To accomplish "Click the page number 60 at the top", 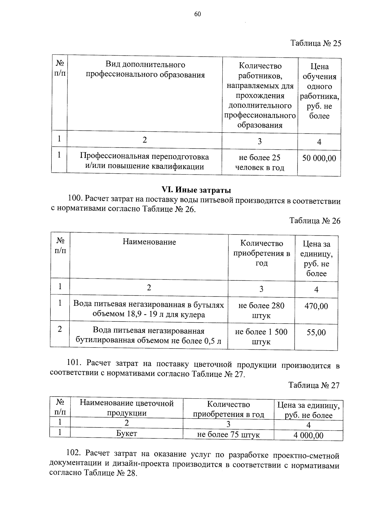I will pyautogui.click(x=197, y=14).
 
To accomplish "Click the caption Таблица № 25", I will pyautogui.click(x=316, y=43).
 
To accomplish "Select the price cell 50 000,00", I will pyautogui.click(x=319, y=158).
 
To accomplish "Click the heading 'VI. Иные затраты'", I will pyautogui.click(x=196, y=190).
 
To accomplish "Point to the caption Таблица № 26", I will pyautogui.click(x=315, y=221).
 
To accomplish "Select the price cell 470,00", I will pyautogui.click(x=316, y=306).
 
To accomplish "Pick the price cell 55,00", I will pyautogui.click(x=316, y=332).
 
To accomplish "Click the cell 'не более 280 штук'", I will pyautogui.click(x=261, y=310).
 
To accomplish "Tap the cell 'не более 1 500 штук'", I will pyautogui.click(x=261, y=337).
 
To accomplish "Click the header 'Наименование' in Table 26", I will pyautogui.click(x=149, y=242).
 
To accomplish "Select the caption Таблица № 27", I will pyautogui.click(x=314, y=385).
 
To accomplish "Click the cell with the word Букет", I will pyautogui.click(x=127, y=433).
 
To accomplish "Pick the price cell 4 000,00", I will pyautogui.click(x=308, y=435).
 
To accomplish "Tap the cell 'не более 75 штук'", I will pyautogui.click(x=228, y=435).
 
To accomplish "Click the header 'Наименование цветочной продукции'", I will pyautogui.click(x=127, y=408).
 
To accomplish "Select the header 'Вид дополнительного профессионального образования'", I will pyautogui.click(x=145, y=70).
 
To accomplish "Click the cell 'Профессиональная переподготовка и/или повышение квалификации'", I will pyautogui.click(x=144, y=161).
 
